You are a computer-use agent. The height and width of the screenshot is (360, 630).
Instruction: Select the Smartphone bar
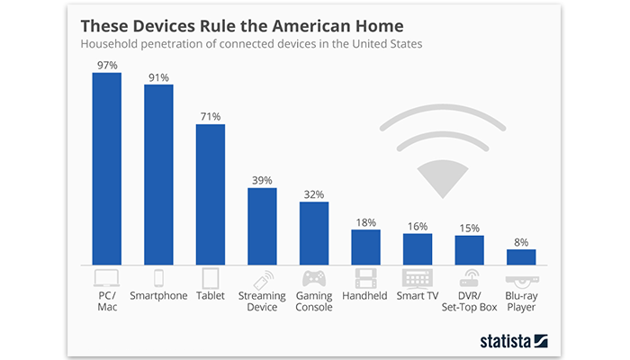coord(158,175)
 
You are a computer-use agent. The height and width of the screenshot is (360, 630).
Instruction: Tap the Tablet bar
coord(210,194)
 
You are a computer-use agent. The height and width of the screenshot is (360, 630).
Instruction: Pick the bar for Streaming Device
coord(262,226)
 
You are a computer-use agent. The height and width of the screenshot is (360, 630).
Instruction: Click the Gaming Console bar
coord(314,233)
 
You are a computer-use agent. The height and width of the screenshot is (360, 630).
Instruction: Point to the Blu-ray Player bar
coord(521,256)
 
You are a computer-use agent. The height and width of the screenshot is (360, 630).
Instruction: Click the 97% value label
coord(106,65)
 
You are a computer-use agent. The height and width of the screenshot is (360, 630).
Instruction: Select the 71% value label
coord(210,116)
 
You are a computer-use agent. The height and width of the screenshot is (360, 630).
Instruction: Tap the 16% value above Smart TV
coord(418,226)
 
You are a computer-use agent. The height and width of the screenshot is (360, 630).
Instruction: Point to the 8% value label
coord(521,241)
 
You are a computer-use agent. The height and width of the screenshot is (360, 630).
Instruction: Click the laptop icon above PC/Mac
coord(106,278)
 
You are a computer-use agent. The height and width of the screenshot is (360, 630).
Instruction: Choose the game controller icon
coord(314,278)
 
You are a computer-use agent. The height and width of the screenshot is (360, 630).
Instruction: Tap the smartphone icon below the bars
coord(158,278)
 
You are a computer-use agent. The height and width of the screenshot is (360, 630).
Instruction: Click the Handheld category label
coord(365,295)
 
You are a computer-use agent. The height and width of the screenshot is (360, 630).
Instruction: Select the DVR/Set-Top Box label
coord(469,301)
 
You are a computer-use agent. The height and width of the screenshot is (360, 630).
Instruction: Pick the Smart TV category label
coord(418,295)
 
